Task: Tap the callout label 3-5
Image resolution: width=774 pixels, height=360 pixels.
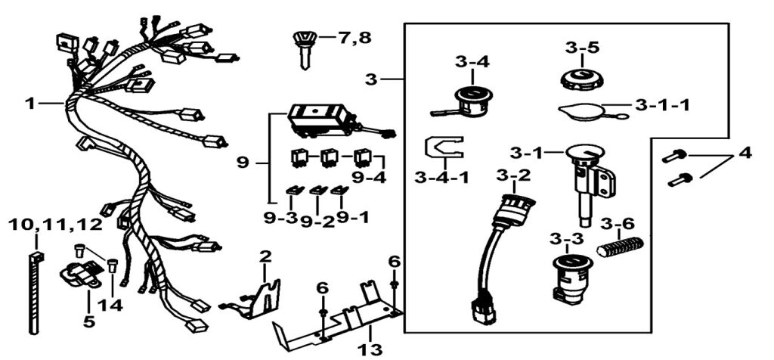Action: point(582,48)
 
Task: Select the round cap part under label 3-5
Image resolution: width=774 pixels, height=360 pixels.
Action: point(581,79)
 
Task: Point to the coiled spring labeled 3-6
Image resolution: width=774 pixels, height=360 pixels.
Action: point(620,247)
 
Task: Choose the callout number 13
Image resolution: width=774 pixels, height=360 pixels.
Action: point(371,349)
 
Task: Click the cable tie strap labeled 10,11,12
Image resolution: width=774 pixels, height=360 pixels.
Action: point(33,287)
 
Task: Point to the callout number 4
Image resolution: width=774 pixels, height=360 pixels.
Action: point(745,152)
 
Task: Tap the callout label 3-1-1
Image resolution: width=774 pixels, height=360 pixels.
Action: point(662,105)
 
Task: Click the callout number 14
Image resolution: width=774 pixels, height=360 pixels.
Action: point(112,306)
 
